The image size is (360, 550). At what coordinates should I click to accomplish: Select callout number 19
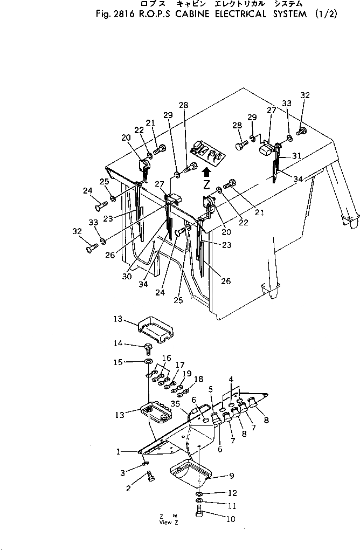click(187, 373)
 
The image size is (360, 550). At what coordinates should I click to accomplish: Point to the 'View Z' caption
click(165, 522)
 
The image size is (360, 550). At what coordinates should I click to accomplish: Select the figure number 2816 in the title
click(121, 15)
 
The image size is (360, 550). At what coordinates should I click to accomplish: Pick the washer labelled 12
click(199, 493)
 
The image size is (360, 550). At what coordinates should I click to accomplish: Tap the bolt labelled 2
click(150, 477)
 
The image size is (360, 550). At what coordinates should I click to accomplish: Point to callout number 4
click(231, 380)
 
